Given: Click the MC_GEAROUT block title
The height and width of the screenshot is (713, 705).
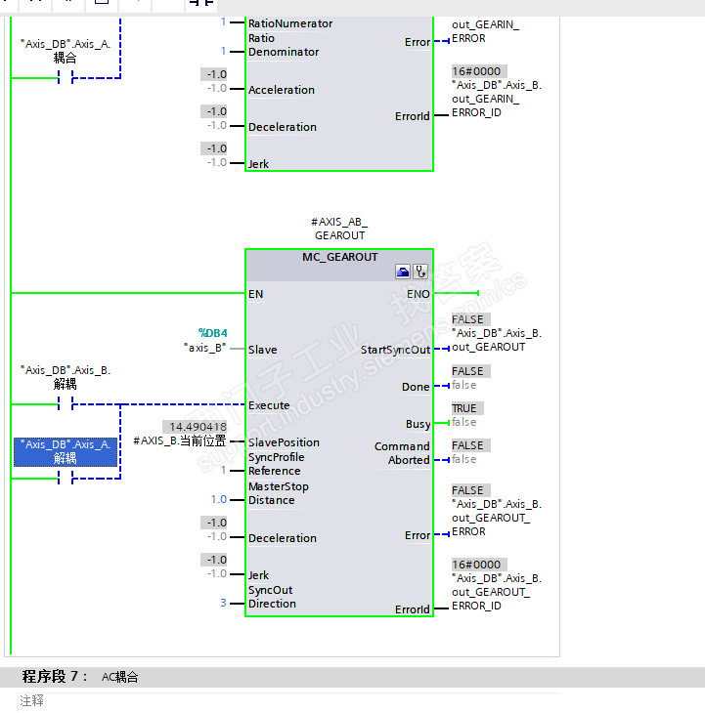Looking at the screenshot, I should (338, 257).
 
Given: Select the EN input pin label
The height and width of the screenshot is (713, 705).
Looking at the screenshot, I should (256, 293).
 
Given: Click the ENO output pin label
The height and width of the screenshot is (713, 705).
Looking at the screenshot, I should (418, 293).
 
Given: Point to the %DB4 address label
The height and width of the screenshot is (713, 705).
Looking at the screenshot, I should (212, 333).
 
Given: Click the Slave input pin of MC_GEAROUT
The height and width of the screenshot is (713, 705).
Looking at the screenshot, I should (262, 350).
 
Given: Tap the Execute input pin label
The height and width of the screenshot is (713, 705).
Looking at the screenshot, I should (269, 405).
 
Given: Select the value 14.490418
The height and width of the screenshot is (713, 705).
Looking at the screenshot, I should (198, 427).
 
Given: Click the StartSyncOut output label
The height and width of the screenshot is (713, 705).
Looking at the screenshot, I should (395, 350).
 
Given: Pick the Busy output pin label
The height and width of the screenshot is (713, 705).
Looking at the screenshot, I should (418, 424).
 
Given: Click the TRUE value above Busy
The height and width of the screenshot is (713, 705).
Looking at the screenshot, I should (464, 408).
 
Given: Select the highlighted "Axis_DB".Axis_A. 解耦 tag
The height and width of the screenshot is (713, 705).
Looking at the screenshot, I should (66, 450).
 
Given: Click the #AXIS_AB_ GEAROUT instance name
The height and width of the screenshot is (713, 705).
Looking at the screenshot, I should (339, 229).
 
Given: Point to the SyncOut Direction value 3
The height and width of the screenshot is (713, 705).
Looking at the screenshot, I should (223, 603).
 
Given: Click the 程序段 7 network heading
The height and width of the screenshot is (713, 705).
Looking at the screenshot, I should (55, 677).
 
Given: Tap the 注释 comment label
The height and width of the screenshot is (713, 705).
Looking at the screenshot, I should (32, 700).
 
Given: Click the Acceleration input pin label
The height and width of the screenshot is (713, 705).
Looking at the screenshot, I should (282, 90).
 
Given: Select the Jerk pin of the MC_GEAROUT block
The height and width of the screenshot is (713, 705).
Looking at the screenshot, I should (258, 575).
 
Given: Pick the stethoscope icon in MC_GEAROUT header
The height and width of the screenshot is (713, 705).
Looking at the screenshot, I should (420, 272).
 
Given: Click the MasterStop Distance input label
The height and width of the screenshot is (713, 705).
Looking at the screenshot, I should (278, 493).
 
